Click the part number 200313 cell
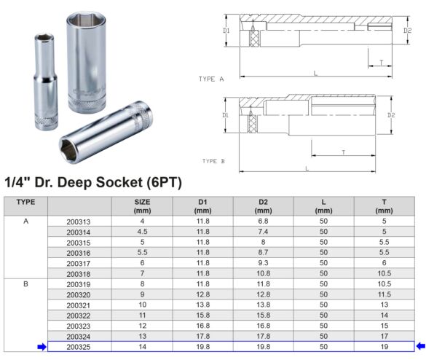point(78,222)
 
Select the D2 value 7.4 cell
point(264,232)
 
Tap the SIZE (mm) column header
point(142,206)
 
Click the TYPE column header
point(25,201)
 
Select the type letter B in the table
point(25,283)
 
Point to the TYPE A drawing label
point(211,78)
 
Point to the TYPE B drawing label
point(213,161)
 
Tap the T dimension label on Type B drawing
point(343,152)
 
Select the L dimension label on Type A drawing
point(315,73)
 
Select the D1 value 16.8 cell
point(203,325)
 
